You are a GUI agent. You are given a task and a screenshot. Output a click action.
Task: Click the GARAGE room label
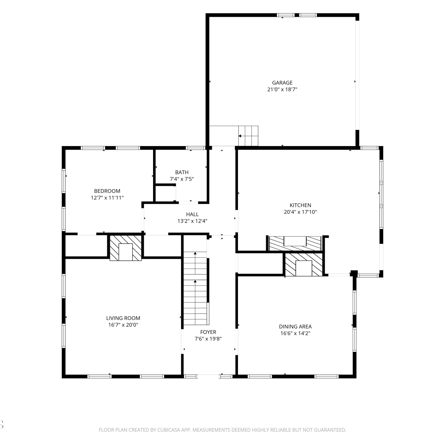point(282,83)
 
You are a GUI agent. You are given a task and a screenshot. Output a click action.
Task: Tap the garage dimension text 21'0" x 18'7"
point(282,89)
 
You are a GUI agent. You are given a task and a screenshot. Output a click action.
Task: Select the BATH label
point(182,172)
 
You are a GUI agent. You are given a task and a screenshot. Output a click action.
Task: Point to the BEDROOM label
point(107,191)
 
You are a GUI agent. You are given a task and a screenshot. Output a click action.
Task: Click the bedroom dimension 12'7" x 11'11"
point(107,198)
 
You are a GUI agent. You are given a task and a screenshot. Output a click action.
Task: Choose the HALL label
point(192,214)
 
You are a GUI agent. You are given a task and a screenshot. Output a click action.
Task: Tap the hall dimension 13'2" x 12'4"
point(192,221)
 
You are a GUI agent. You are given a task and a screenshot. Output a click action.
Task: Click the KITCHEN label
point(300,205)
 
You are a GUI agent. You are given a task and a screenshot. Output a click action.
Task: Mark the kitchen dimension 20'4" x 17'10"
point(300,212)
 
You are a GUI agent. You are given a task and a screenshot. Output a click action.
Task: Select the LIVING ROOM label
point(123,318)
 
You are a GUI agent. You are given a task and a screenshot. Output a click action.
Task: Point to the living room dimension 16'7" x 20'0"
point(123,325)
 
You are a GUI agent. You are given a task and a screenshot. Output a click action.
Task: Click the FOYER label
point(208,332)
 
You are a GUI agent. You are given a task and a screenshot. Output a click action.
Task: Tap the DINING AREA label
point(295,327)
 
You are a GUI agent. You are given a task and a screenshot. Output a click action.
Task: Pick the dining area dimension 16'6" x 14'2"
point(295,333)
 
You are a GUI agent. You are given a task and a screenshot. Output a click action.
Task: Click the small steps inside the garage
point(248,136)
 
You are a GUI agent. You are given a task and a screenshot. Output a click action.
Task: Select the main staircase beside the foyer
point(195,288)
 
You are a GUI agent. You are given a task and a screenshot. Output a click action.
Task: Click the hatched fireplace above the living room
point(125,248)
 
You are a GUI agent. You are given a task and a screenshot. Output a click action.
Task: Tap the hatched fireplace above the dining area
point(303,264)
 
